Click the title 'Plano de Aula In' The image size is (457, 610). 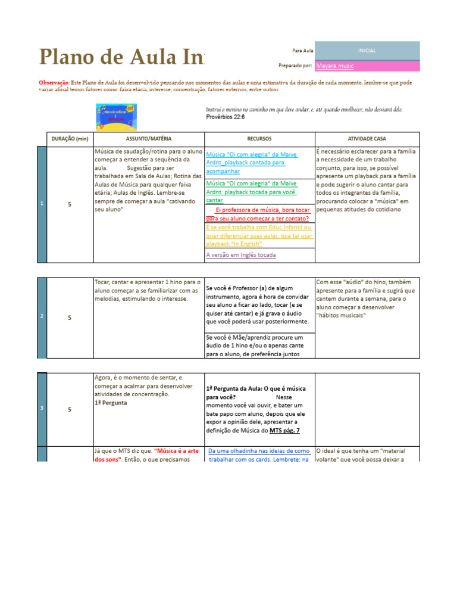coord(121,57)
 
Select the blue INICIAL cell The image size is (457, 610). coord(367,51)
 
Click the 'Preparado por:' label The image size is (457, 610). coord(295,66)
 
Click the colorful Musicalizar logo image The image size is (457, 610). coord(117,117)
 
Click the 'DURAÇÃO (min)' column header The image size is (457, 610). coord(70,139)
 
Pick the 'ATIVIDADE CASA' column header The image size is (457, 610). coord(367,139)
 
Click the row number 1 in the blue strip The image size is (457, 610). coord(42,204)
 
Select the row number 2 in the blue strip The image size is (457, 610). coord(42,318)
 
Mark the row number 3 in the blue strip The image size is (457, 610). coord(42,409)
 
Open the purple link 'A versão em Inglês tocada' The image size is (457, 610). coord(240,255)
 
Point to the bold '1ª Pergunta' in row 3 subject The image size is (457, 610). coord(111,403)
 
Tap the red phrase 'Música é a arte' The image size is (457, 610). coord(177,451)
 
